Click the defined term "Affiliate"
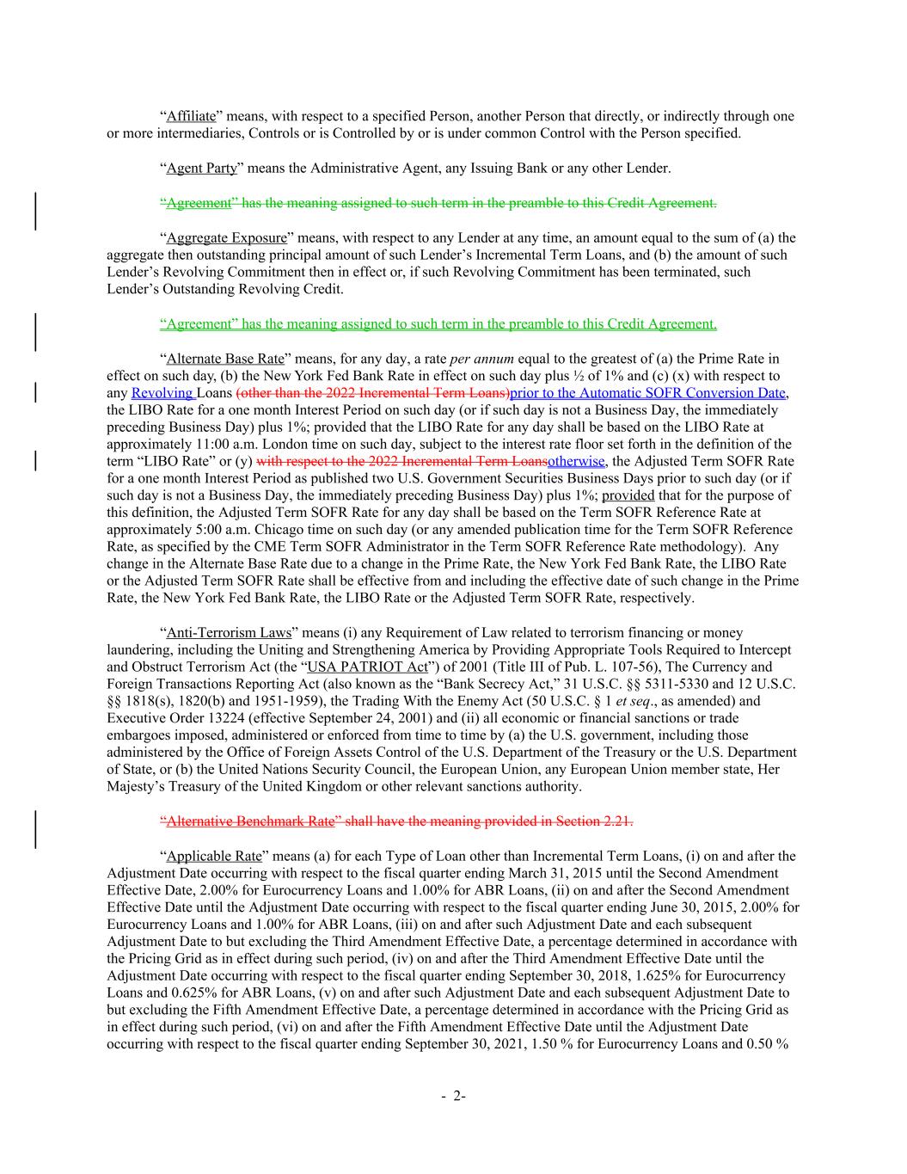(x=191, y=116)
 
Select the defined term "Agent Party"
(x=201, y=168)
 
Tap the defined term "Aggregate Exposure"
(x=226, y=237)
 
